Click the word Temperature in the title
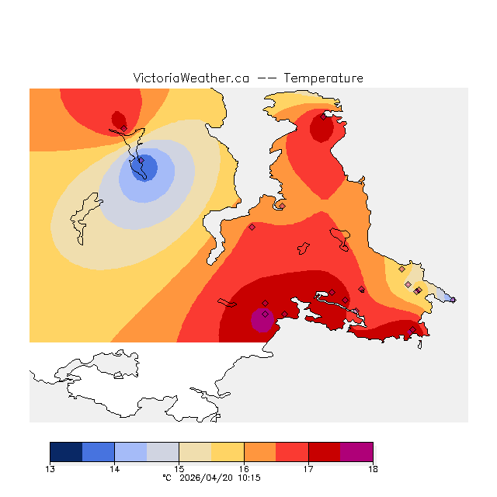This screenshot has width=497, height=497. [323, 78]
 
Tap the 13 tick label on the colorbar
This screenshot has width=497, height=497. [50, 468]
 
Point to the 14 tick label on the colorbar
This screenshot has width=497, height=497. [115, 468]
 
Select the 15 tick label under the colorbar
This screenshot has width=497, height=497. [179, 468]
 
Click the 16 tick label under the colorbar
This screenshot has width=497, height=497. [244, 468]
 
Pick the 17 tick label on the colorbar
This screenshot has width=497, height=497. [308, 468]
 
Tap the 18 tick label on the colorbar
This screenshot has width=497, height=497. [373, 468]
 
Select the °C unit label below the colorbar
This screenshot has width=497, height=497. [166, 478]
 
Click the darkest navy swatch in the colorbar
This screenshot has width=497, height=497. [66, 451]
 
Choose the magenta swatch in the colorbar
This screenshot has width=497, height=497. [356, 451]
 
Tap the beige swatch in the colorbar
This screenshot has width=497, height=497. [195, 451]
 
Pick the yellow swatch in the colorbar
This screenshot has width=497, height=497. [228, 451]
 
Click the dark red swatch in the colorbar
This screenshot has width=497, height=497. [324, 451]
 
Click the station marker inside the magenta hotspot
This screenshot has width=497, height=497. [265, 315]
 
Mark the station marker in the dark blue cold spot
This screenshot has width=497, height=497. [141, 162]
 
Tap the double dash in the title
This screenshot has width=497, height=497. [266, 78]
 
